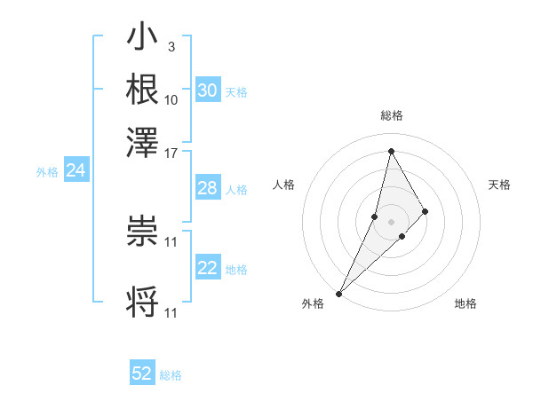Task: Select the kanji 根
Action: pos(142,89)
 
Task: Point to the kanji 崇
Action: pos(142,232)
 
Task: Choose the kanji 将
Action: pos(142,303)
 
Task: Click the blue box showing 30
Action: pos(207,90)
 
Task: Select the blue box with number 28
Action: pos(207,188)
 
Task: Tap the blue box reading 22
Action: pos(207,268)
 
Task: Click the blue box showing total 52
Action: pos(142,374)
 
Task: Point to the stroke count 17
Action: pos(171,152)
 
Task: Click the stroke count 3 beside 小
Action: pos(171,45)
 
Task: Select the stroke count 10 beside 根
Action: pos(171,98)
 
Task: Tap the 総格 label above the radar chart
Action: pos(391,115)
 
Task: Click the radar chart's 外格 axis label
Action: pos(313,303)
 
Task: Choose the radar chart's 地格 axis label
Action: pos(465,303)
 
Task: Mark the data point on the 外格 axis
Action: pos(338,293)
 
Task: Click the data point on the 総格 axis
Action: pos(391,151)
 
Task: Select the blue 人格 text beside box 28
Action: pos(236,189)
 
